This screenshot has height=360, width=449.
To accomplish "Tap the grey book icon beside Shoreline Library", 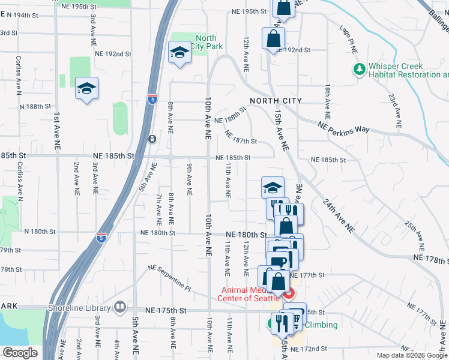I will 120,308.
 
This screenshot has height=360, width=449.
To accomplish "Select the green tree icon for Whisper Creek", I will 360,70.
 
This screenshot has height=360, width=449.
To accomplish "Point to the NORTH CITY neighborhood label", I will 276,100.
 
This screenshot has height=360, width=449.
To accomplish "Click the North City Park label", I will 206,42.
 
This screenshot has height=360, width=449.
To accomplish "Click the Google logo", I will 20,352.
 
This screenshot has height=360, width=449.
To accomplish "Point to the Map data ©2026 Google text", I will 412,355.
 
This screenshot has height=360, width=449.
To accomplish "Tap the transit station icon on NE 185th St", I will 152,139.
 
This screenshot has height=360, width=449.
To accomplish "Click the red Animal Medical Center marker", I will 289,293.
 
